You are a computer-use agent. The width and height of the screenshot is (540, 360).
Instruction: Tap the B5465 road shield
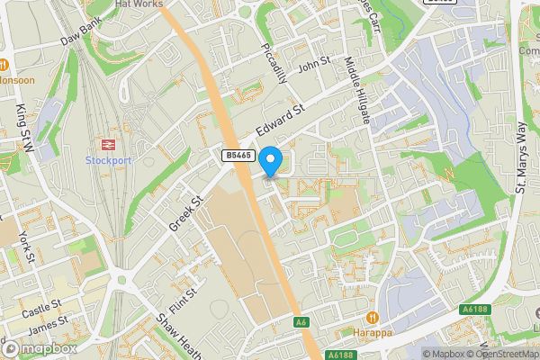coord(237,156)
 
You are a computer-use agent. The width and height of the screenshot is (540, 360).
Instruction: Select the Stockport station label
coord(108,160)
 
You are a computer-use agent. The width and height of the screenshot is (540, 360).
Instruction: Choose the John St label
coord(315,66)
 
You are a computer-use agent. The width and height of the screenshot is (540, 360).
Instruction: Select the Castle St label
coord(42,308)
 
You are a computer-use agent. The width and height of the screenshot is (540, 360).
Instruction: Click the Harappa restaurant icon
coord(372,317)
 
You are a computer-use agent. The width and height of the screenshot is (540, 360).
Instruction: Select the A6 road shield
coord(300,321)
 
